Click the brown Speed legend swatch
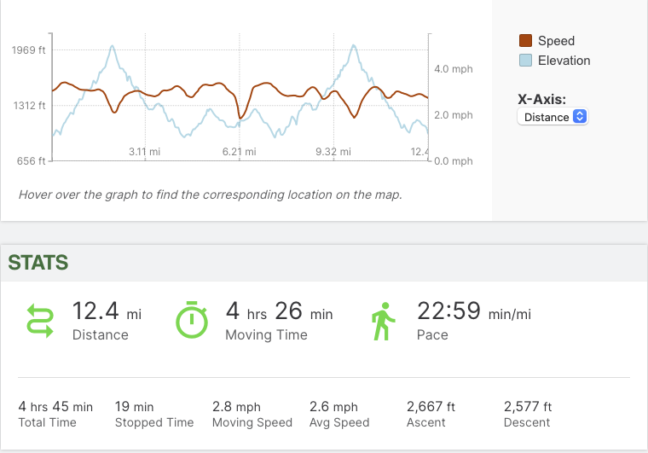pos(526,41)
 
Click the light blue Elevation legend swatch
pos(526,61)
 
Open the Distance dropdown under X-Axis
pos(553,117)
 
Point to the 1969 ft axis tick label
pos(29,50)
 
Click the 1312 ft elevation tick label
pos(29,106)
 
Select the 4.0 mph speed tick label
pos(453,69)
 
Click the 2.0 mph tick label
pos(453,115)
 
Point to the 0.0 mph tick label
pos(453,161)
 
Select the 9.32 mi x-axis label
pos(333,152)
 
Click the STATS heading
pos(38,263)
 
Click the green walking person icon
pos(382,321)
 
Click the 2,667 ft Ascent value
pos(431,407)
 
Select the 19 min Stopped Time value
pos(135,407)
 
